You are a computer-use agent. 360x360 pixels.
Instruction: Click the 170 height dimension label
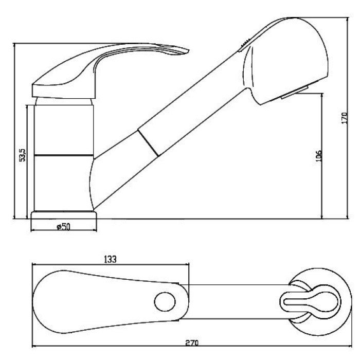pos(345,118)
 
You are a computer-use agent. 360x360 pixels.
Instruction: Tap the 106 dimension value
pos(318,156)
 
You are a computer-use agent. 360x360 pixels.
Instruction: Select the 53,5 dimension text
pos(23,155)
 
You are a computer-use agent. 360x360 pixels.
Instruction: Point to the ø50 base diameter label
pos(63,227)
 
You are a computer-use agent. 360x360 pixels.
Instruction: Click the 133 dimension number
pos(110,259)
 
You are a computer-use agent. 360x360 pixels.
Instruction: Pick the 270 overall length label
pos(192,343)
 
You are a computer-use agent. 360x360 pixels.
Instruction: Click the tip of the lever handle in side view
pos(188,50)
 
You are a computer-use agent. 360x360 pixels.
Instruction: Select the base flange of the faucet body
pos(64,215)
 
